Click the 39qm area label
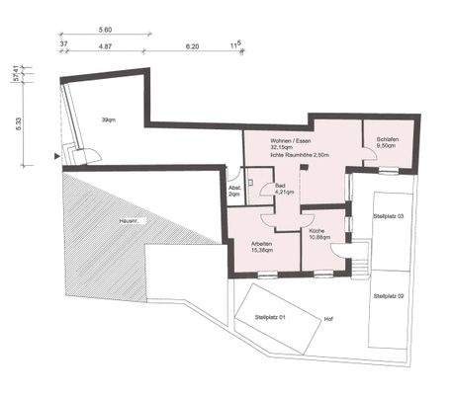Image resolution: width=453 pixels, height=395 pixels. (x=107, y=120)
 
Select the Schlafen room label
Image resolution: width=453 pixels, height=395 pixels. (x=387, y=141)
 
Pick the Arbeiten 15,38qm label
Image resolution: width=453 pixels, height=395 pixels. (x=263, y=245)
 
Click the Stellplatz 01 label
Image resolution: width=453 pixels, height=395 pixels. (x=268, y=317)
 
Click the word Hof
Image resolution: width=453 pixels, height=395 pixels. (x=328, y=319)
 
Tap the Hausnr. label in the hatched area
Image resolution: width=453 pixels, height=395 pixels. (x=127, y=220)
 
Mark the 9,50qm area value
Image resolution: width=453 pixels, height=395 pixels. (x=387, y=148)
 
